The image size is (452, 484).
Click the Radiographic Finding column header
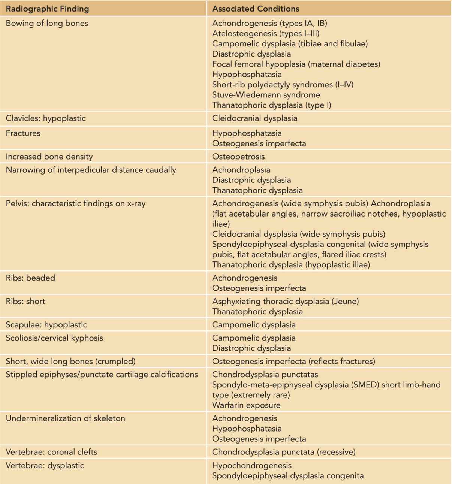48,9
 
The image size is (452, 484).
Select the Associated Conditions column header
256,9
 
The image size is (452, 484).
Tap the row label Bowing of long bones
47,23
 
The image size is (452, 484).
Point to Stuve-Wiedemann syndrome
266,95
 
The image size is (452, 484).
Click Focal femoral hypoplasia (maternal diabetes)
296,64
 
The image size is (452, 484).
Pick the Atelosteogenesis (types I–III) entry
266,34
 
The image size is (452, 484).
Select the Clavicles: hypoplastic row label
46,118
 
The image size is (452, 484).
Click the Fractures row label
23,133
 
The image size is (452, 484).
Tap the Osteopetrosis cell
238,157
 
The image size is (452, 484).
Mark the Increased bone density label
49,157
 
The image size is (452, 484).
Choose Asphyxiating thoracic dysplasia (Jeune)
285,301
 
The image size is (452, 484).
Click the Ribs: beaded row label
30,278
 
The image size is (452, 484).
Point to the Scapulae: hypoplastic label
46,325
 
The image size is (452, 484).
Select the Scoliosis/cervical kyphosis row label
54,338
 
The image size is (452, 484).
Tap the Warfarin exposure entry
246,405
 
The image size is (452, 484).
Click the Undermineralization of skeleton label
65,418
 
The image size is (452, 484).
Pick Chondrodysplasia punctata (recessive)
284,452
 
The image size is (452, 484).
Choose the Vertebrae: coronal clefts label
51,452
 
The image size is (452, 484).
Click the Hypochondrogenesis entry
251,466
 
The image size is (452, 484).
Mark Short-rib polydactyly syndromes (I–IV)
283,84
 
